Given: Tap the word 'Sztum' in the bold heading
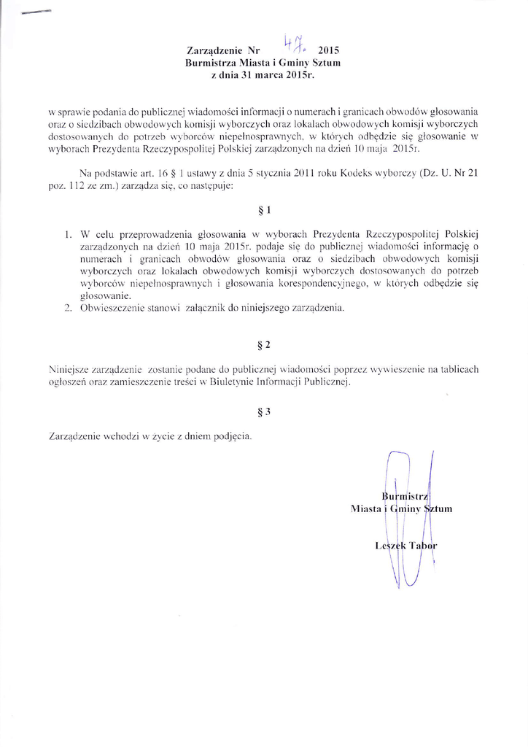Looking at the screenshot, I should point(327,63).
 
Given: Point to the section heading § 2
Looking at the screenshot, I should point(265,343).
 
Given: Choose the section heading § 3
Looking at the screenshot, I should point(265,411).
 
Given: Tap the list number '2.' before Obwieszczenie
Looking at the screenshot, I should point(66,309).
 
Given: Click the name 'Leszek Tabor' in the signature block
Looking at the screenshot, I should point(405,545).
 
